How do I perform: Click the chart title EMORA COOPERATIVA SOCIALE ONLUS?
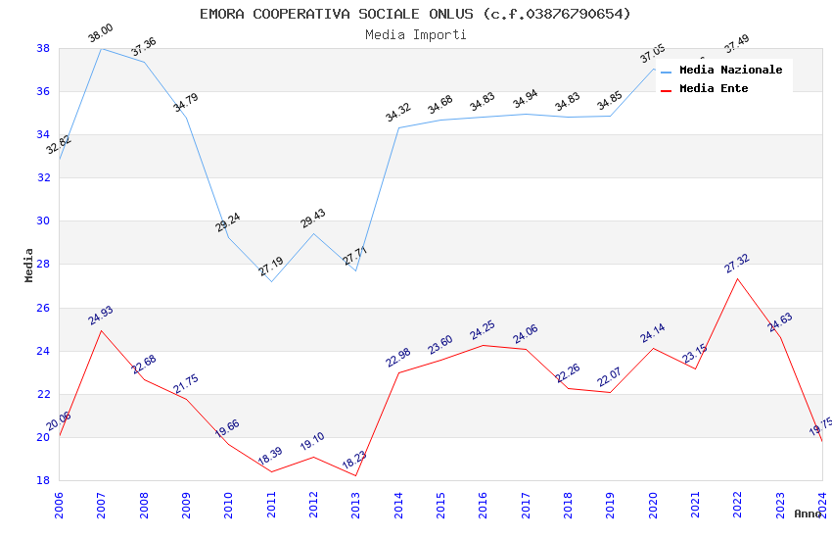coord(415,14)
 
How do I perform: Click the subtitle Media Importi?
coord(415,34)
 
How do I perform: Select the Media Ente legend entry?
coord(713,88)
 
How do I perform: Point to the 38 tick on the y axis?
coord(43,48)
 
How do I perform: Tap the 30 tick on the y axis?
coord(43,220)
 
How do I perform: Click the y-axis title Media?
coord(29,265)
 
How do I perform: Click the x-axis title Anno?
coord(808,514)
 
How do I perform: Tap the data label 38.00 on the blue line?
coord(100,34)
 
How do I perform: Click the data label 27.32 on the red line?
coord(737,263)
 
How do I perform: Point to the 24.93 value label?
coord(100,315)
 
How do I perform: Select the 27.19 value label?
coord(271,266)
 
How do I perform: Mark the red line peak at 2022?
coord(737,278)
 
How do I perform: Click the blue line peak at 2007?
coord(101,48)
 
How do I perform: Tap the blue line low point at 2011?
coord(271,282)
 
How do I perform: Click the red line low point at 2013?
coord(355,475)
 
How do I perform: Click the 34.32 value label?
coord(398,113)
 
